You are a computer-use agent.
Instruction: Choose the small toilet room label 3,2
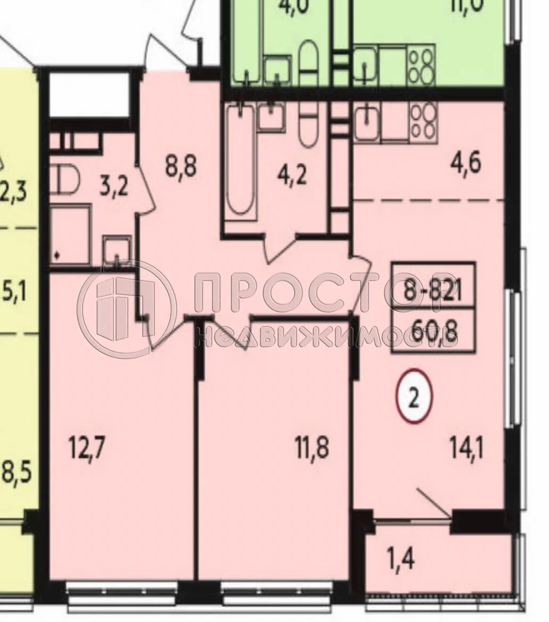tap(114, 187)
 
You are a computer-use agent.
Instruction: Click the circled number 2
tap(414, 396)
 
